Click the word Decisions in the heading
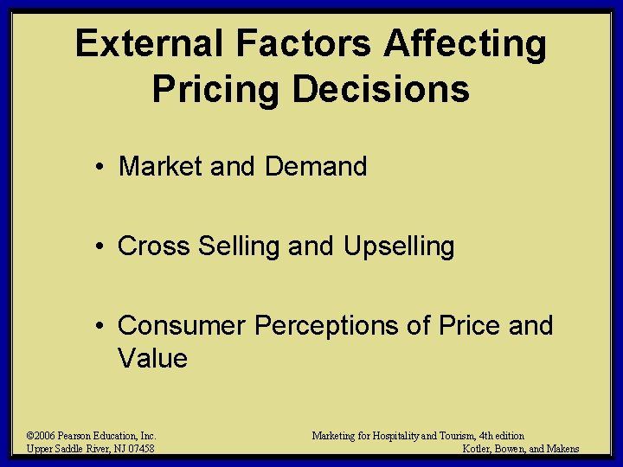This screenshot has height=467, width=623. [x=382, y=88]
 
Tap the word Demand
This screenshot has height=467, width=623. [x=316, y=166]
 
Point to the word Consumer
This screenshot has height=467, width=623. [x=182, y=326]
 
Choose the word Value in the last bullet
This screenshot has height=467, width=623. [x=152, y=358]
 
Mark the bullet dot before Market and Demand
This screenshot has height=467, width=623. [x=101, y=167]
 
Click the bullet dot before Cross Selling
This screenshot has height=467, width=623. [x=101, y=247]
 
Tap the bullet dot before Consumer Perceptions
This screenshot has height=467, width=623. [x=101, y=327]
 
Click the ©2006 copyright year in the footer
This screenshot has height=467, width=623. [x=42, y=436]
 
